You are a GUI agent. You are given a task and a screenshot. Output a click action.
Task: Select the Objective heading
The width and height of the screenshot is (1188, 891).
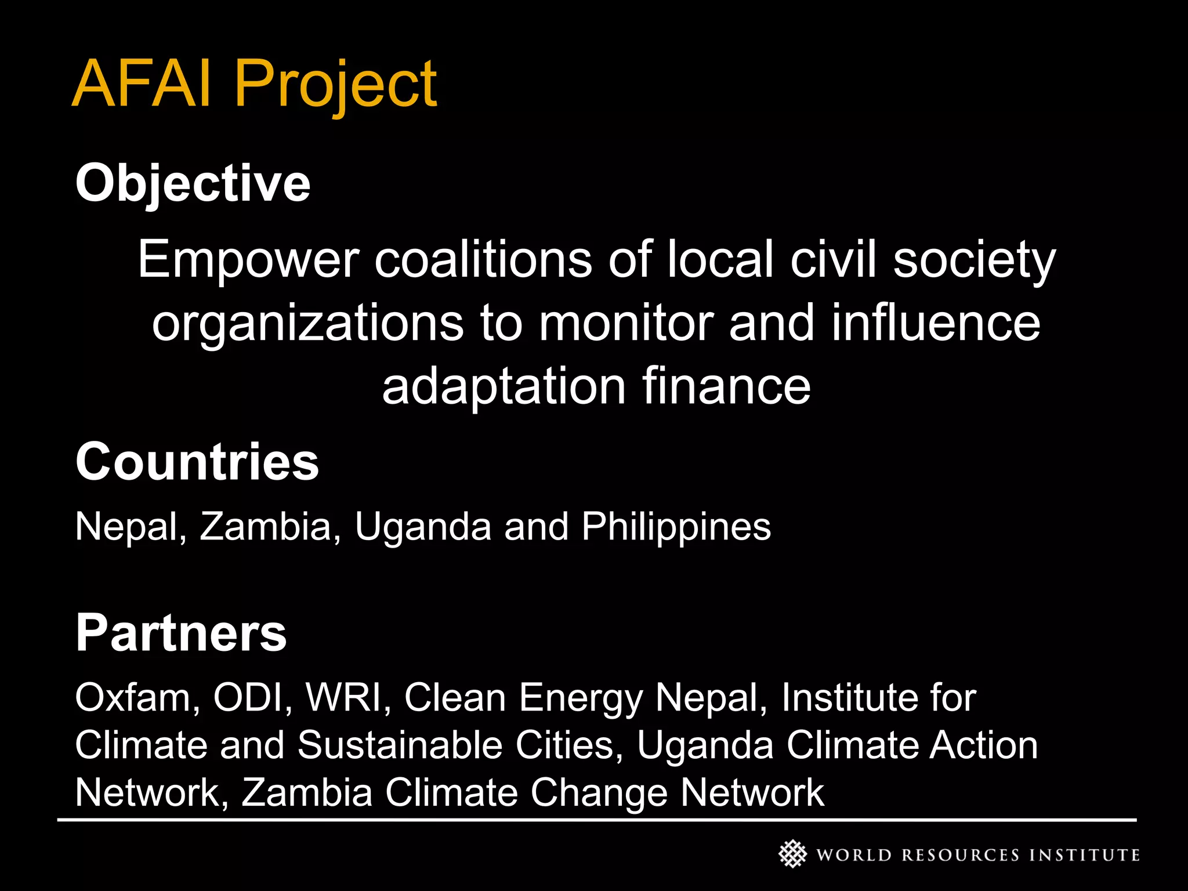(x=193, y=184)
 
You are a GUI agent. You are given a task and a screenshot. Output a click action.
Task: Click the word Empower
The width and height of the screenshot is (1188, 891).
(x=248, y=260)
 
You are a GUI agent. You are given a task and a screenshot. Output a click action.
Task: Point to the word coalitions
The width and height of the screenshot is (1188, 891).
(x=483, y=259)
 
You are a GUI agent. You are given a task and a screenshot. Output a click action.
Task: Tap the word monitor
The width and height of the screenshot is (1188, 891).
(x=625, y=323)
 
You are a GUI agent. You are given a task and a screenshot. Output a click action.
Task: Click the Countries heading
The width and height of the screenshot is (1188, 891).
(x=197, y=462)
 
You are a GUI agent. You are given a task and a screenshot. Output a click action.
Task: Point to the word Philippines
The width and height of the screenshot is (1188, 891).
(x=676, y=527)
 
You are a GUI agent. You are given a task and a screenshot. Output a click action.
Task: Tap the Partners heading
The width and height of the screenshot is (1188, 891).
(x=181, y=633)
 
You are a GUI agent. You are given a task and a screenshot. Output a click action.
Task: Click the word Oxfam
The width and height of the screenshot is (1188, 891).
(x=137, y=697)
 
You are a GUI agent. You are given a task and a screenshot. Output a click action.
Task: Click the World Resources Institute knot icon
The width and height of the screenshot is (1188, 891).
(x=792, y=854)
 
